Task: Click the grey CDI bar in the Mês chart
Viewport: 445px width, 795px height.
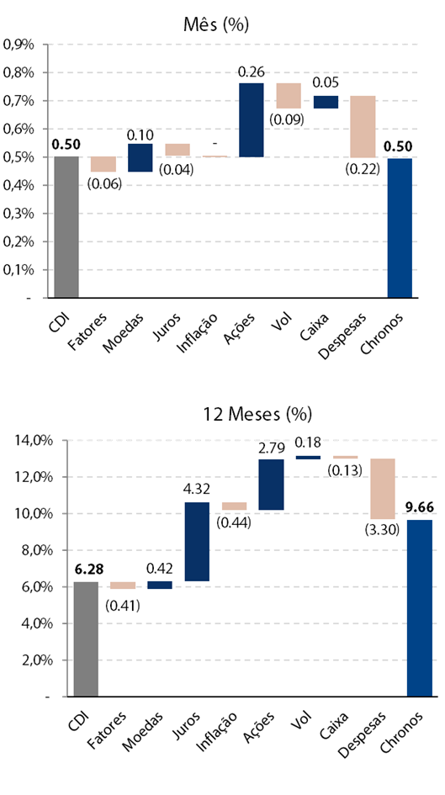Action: [66, 226]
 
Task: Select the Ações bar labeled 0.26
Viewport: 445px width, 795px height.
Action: [252, 119]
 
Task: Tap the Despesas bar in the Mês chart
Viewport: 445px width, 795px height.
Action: [363, 126]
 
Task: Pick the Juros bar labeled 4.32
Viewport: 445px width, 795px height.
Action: [197, 542]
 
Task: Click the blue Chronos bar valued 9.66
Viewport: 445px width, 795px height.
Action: [420, 608]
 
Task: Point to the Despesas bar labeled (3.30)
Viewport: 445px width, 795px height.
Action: [383, 489]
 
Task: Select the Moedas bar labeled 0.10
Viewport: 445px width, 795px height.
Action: [140, 157]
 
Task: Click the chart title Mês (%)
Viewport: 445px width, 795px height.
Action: [216, 24]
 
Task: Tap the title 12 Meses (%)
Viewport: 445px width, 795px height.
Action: [257, 414]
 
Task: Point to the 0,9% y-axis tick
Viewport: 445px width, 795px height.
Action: [19, 45]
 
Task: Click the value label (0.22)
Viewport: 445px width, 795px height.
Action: [363, 169]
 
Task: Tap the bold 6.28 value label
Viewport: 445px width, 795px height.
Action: [87, 570]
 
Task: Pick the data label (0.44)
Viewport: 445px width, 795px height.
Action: [234, 522]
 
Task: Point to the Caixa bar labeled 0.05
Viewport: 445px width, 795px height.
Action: [326, 102]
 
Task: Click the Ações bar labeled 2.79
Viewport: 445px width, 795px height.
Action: [271, 485]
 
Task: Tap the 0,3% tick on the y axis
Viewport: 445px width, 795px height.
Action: [19, 214]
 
